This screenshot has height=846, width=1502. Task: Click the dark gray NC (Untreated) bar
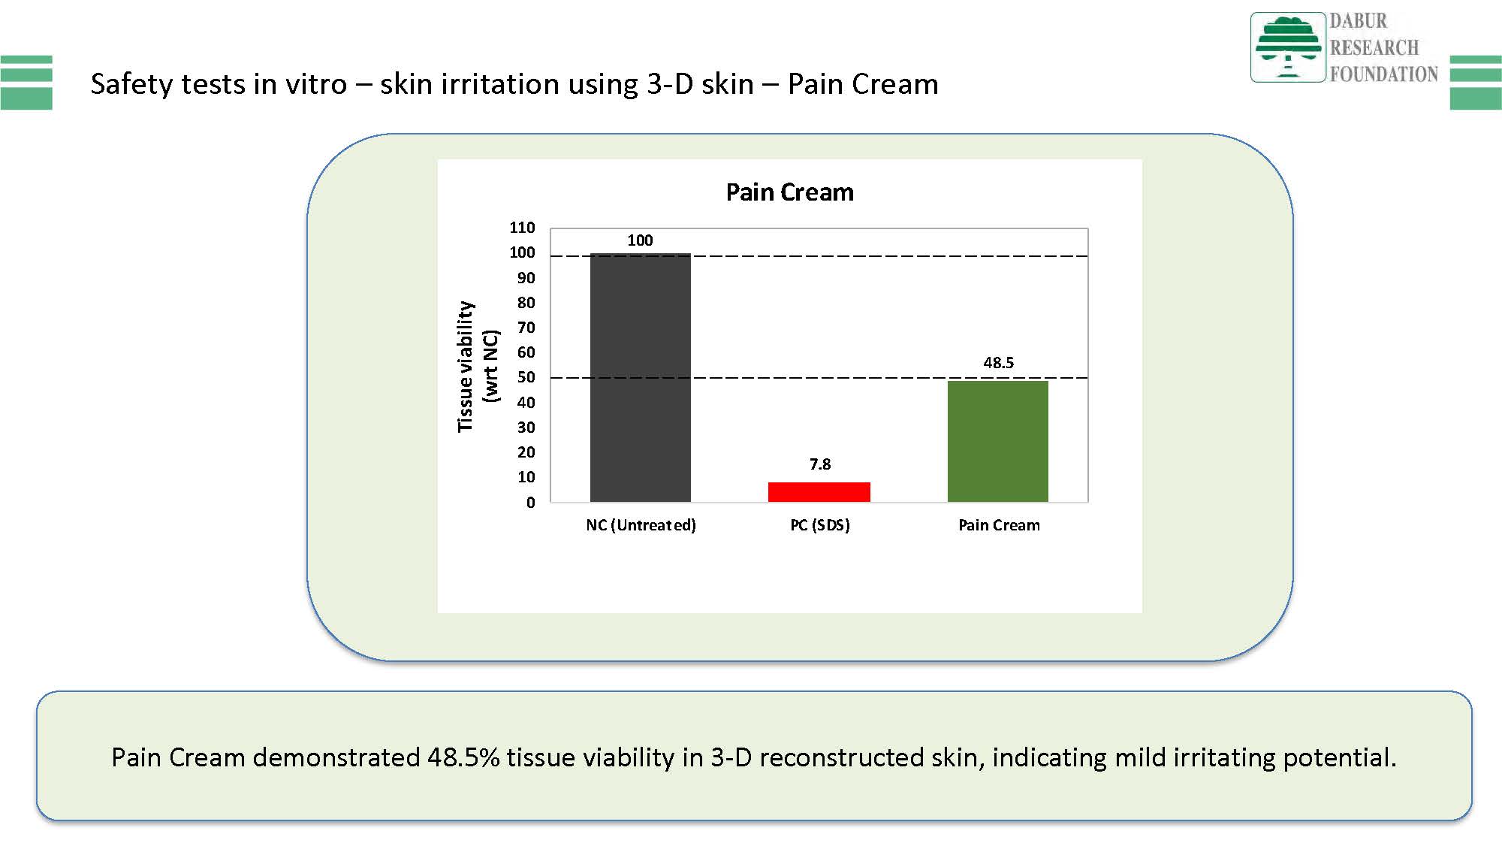(640, 377)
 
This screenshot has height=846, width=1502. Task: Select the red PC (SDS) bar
(819, 492)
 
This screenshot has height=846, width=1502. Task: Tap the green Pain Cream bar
(997, 441)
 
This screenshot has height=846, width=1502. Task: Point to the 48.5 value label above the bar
(998, 362)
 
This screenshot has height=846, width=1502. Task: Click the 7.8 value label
(819, 464)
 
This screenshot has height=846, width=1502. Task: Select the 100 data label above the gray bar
(640, 240)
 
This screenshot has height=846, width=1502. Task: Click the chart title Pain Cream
(789, 192)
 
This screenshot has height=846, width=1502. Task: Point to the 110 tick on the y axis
(522, 228)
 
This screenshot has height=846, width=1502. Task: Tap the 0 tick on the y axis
(530, 503)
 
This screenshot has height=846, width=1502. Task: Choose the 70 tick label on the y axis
(526, 328)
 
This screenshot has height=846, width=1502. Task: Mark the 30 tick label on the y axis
(526, 428)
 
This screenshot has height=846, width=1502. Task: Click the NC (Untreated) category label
(641, 525)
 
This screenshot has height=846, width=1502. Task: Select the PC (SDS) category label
(819, 525)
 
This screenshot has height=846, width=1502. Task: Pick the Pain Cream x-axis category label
(999, 525)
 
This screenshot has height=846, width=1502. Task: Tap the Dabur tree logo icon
(1287, 47)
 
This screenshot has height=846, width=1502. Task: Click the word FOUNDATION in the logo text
(1383, 74)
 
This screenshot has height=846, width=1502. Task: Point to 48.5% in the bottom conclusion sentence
(463, 757)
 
